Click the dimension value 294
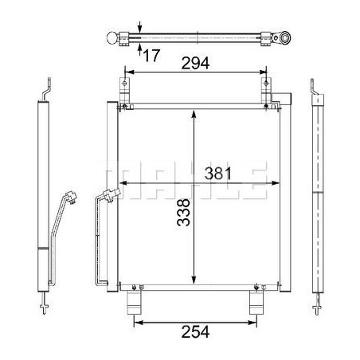pyautogui.click(x=195, y=63)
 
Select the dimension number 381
pyautogui.click(x=218, y=174)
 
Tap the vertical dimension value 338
pyautogui.click(x=184, y=213)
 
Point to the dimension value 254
pyautogui.click(x=195, y=332)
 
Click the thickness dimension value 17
pyautogui.click(x=151, y=56)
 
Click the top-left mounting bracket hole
pyautogui.click(x=124, y=84)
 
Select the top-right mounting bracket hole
pyautogui.click(x=266, y=84)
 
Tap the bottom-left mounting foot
pyautogui.click(x=134, y=303)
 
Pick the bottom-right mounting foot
pyautogui.click(x=256, y=303)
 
